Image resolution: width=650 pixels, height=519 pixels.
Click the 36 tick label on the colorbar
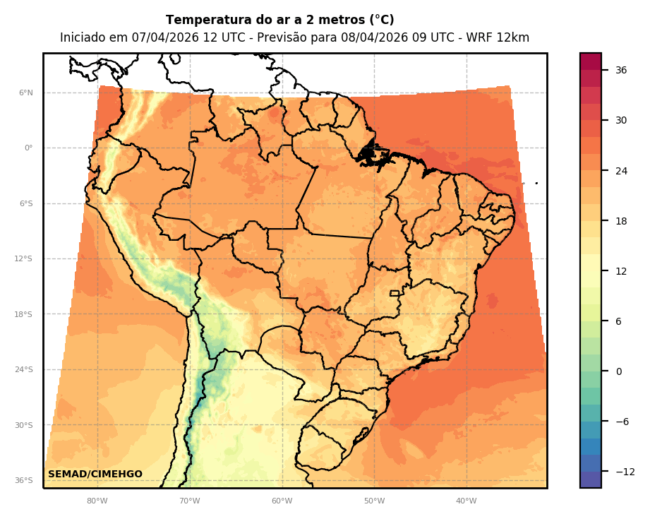(x=621, y=70)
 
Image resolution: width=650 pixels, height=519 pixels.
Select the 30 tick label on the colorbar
(x=621, y=120)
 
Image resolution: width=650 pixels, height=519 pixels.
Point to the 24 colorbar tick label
(x=621, y=171)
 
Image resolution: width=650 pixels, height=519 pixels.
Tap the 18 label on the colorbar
(x=621, y=221)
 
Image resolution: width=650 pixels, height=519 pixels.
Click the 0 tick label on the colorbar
(x=618, y=371)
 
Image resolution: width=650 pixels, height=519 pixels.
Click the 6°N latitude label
(x=26, y=93)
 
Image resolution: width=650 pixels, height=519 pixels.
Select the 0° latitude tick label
(x=28, y=148)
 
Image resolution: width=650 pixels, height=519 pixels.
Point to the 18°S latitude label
(x=23, y=314)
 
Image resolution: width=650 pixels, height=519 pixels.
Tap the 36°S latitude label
(x=23, y=480)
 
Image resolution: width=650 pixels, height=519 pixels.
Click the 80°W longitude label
(x=97, y=501)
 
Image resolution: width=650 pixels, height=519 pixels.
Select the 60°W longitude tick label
(x=282, y=501)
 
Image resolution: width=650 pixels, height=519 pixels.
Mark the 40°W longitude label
(x=466, y=501)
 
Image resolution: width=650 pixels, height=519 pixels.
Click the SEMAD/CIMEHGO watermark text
(x=95, y=475)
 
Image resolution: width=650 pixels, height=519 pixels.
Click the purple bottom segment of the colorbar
(x=591, y=479)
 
